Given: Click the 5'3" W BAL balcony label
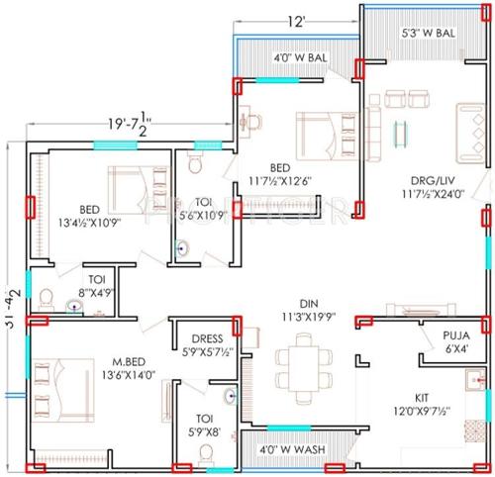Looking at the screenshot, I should pyautogui.click(x=429, y=32).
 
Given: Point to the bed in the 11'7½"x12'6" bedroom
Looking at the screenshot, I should pyautogui.click(x=322, y=128).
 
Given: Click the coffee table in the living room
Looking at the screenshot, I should pyautogui.click(x=400, y=131).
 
